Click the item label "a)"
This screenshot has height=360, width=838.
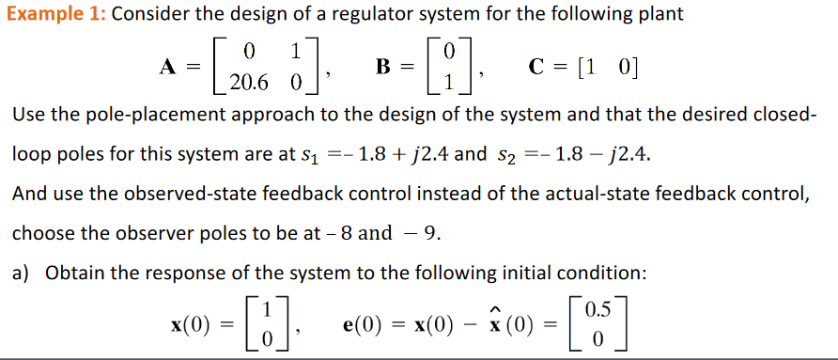click(21, 274)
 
